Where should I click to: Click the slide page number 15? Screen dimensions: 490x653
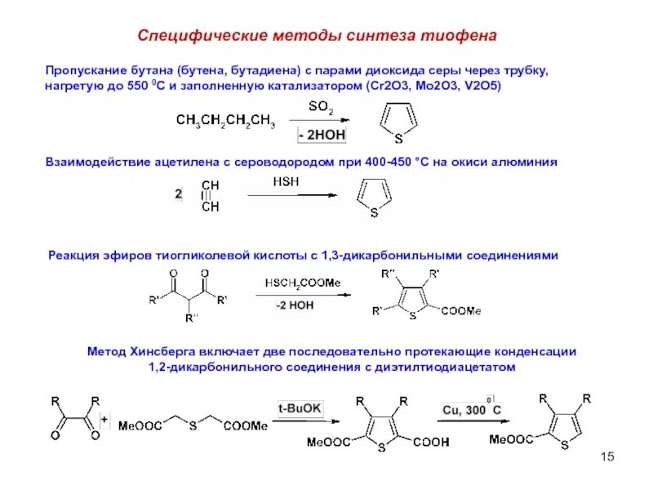click(x=606, y=456)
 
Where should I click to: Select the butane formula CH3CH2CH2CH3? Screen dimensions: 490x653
click(x=225, y=122)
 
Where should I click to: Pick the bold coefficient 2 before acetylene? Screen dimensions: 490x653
click(x=179, y=194)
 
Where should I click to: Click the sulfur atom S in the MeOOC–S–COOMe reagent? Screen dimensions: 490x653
click(x=189, y=425)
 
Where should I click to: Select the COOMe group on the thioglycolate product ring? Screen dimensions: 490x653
click(x=461, y=310)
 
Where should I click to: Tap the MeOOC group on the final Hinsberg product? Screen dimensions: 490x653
click(x=513, y=439)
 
